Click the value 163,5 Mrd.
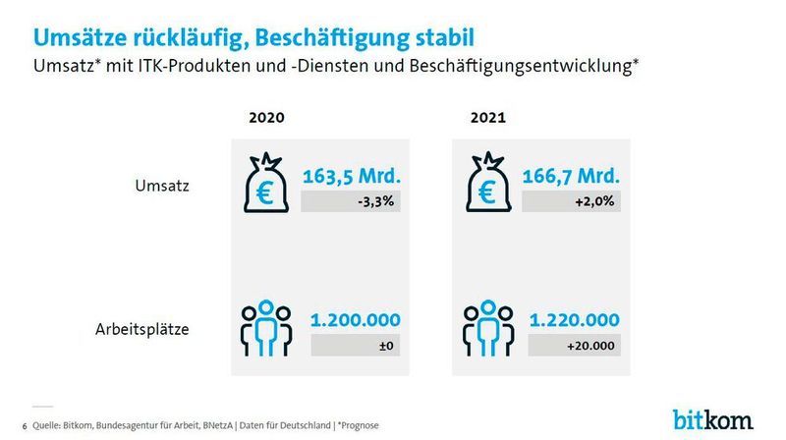(x=357, y=177)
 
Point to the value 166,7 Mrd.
(x=571, y=177)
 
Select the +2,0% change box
(x=571, y=201)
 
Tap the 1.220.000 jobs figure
(x=575, y=320)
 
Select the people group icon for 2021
(x=488, y=329)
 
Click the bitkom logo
(x=713, y=419)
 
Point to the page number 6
(x=24, y=425)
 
